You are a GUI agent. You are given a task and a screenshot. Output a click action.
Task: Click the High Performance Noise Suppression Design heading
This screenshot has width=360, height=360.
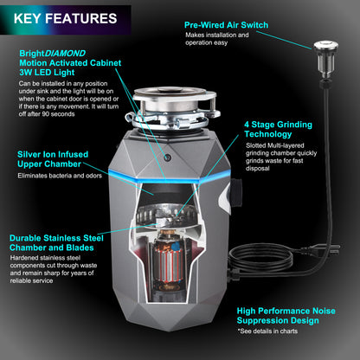[x=293, y=314]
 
